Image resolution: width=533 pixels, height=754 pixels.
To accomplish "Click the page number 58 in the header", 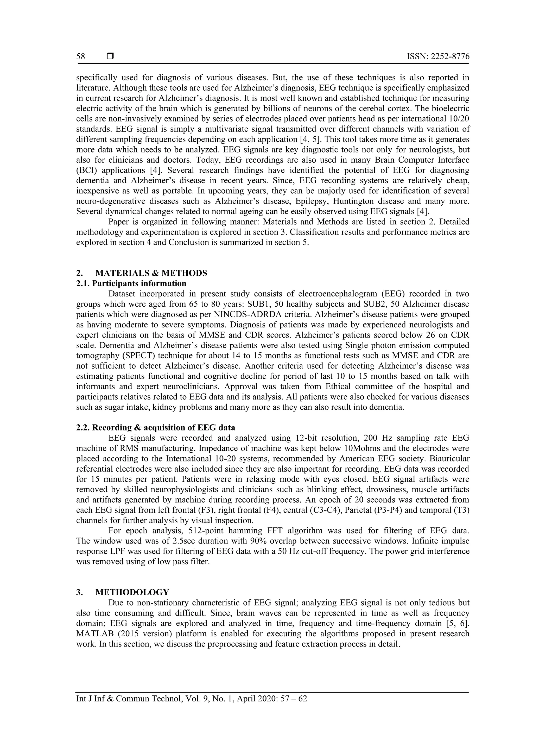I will click(x=81, y=56).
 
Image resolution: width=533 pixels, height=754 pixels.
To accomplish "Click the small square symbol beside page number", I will click(x=110, y=56).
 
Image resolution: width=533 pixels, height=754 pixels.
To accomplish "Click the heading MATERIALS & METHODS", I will click(x=151, y=273).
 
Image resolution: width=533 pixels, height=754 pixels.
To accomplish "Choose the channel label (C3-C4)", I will click(x=295, y=510).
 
